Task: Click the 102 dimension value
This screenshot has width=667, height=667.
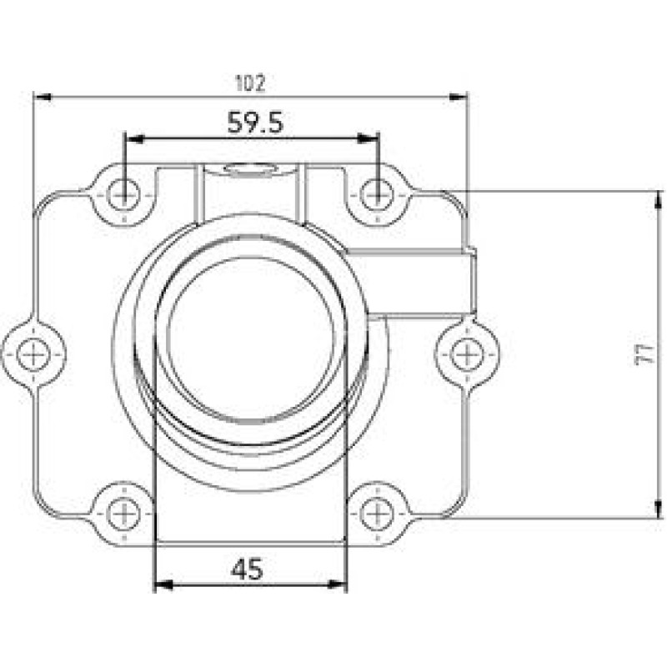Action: point(250,83)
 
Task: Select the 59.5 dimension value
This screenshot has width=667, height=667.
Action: point(255,123)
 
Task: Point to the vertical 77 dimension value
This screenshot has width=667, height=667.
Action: point(643,354)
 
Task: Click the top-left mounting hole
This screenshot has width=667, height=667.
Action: point(124,196)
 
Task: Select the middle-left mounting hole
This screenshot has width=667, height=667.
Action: point(33,355)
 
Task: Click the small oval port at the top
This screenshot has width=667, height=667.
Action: point(251,170)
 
